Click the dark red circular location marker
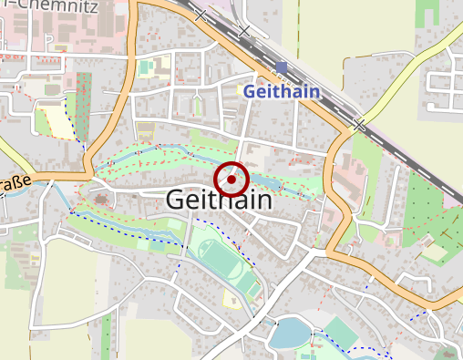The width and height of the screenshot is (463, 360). pyautogui.click(x=231, y=180)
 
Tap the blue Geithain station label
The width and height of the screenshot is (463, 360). pyautogui.click(x=282, y=91)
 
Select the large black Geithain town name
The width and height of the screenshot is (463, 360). pyautogui.click(x=219, y=200)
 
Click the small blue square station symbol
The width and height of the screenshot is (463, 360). pyautogui.click(x=283, y=67)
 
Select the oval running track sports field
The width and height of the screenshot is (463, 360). pyautogui.click(x=218, y=260)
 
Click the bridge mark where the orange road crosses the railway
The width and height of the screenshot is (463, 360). pyautogui.click(x=361, y=123)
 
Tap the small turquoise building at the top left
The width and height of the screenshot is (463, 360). pyautogui.click(x=145, y=67)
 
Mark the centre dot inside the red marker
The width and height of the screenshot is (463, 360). pyautogui.click(x=231, y=180)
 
